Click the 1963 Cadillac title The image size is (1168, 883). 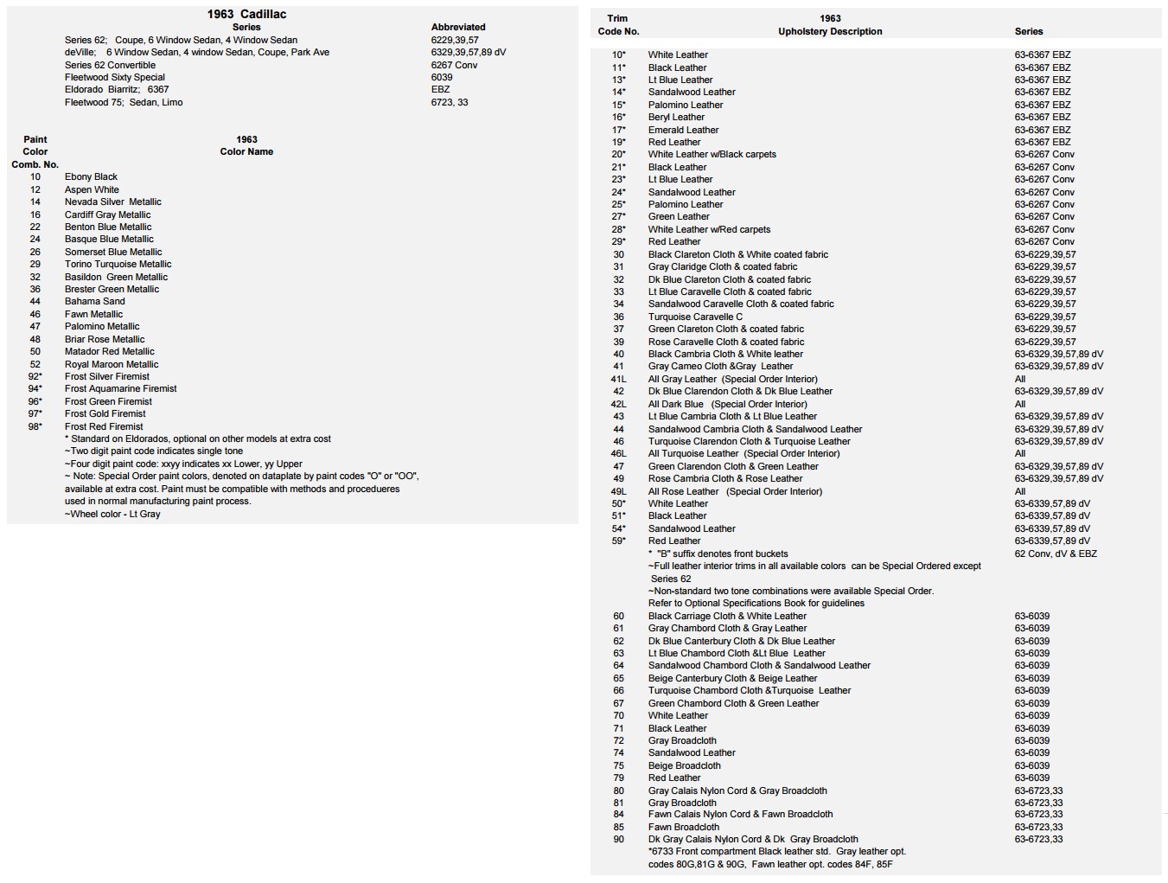tap(246, 14)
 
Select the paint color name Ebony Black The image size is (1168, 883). tap(91, 176)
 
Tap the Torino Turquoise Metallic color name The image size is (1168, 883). tap(118, 265)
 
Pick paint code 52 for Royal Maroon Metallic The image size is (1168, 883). tap(35, 364)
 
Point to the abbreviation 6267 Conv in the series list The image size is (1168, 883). tap(454, 65)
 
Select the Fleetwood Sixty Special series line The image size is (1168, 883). tap(114, 77)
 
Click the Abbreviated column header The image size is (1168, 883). tap(458, 27)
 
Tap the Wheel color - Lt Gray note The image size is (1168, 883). tap(112, 514)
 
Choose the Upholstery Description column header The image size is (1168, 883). tap(830, 31)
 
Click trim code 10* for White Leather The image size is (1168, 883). tap(619, 54)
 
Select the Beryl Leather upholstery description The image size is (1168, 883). tap(676, 117)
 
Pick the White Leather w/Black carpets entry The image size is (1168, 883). tap(712, 155)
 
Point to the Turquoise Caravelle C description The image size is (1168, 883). tap(695, 317)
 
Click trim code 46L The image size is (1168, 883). tap(619, 453)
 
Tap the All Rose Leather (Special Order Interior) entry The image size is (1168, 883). tap(735, 491)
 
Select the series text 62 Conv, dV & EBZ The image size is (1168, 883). tap(1056, 553)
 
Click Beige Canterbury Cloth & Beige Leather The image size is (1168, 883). tap(732, 678)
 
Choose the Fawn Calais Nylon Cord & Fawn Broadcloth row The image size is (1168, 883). tap(740, 815)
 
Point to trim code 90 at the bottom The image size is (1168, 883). tap(619, 839)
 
